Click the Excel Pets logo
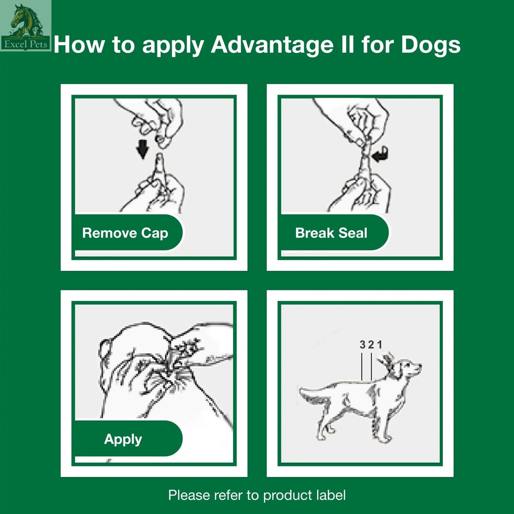pyautogui.click(x=25, y=26)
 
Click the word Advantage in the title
pyautogui.click(x=272, y=45)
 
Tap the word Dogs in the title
pyautogui.click(x=431, y=45)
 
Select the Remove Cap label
pyautogui.click(x=125, y=233)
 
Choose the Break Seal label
pyautogui.click(x=331, y=233)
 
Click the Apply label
pyautogui.click(x=123, y=439)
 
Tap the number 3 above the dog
pyautogui.click(x=362, y=345)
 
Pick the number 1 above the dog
pyautogui.click(x=380, y=345)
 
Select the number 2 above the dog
pyautogui.click(x=371, y=345)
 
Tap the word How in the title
pyautogui.click(x=79, y=45)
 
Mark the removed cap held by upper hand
pyautogui.click(x=163, y=141)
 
